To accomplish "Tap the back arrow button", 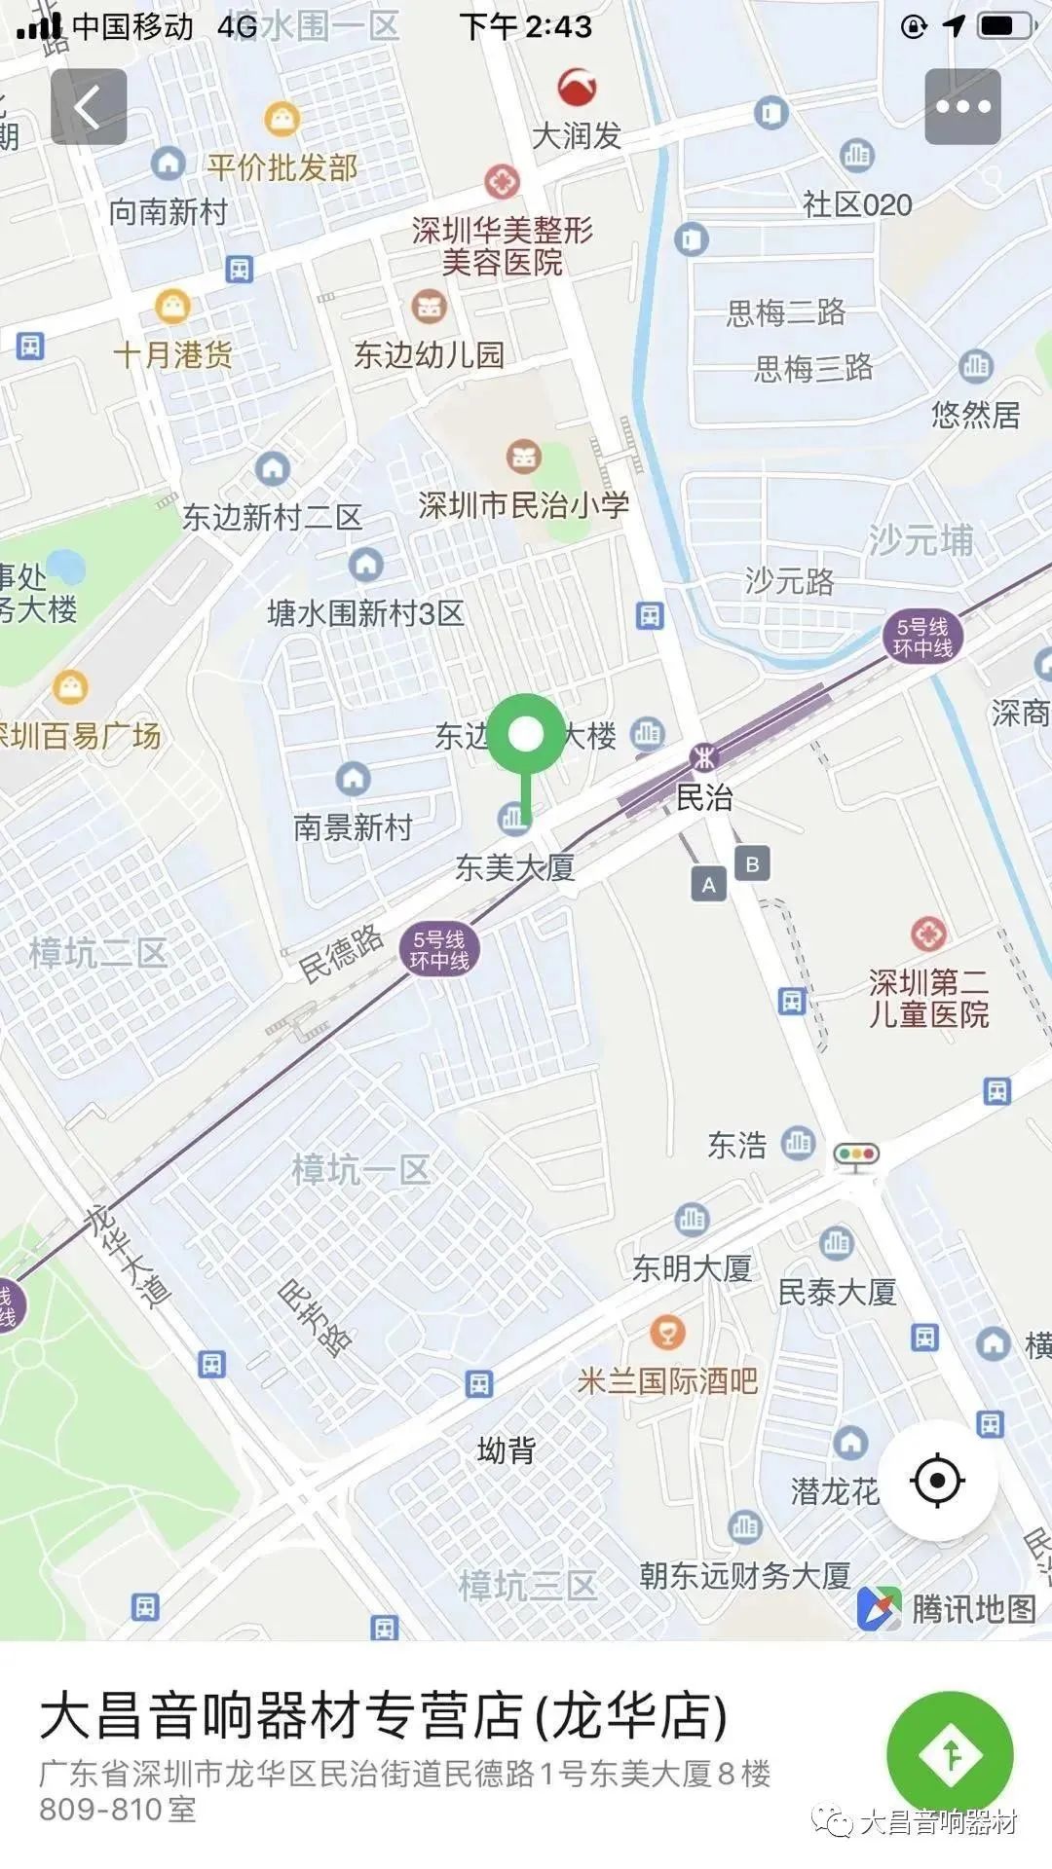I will tap(89, 106).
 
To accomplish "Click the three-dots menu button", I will tap(962, 106).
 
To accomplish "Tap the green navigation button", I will tap(950, 1754).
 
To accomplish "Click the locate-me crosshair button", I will tap(937, 1481).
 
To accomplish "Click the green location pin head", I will tap(526, 734).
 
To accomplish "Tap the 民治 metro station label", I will tap(704, 797).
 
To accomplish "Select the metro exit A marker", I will tap(709, 885).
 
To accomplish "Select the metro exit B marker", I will tap(752, 863).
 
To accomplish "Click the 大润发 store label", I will tap(577, 135).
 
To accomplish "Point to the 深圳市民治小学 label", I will tap(524, 504).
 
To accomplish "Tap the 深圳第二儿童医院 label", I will tap(928, 998).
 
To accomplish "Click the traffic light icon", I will tap(856, 1154).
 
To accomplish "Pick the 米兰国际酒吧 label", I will tap(667, 1380).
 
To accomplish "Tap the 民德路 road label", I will tap(341, 954).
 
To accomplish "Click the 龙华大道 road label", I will tap(127, 1256).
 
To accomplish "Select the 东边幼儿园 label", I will tap(429, 354).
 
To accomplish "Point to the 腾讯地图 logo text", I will tap(972, 1608).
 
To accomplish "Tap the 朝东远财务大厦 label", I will tap(745, 1575).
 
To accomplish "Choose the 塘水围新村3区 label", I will tap(365, 613).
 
